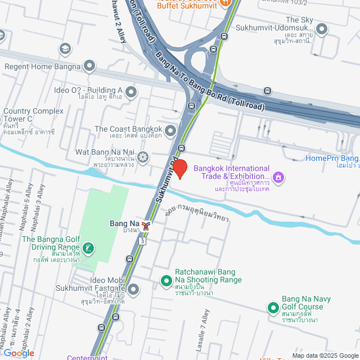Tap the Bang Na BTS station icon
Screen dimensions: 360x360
146,226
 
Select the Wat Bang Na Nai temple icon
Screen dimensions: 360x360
143,156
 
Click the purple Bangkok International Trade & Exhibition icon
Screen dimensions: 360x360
277,178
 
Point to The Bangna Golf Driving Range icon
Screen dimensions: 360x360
88,247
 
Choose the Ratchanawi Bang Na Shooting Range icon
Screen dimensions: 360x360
166,280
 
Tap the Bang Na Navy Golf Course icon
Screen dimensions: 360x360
273,308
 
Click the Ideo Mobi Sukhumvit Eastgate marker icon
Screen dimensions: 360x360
133,290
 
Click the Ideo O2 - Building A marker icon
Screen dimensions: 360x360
131,91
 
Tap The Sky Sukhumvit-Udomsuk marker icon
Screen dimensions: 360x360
322,28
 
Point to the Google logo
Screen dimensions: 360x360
18,353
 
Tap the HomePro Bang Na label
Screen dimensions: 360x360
332,158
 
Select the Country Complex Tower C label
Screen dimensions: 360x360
30,115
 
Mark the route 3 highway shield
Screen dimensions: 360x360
143,240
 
